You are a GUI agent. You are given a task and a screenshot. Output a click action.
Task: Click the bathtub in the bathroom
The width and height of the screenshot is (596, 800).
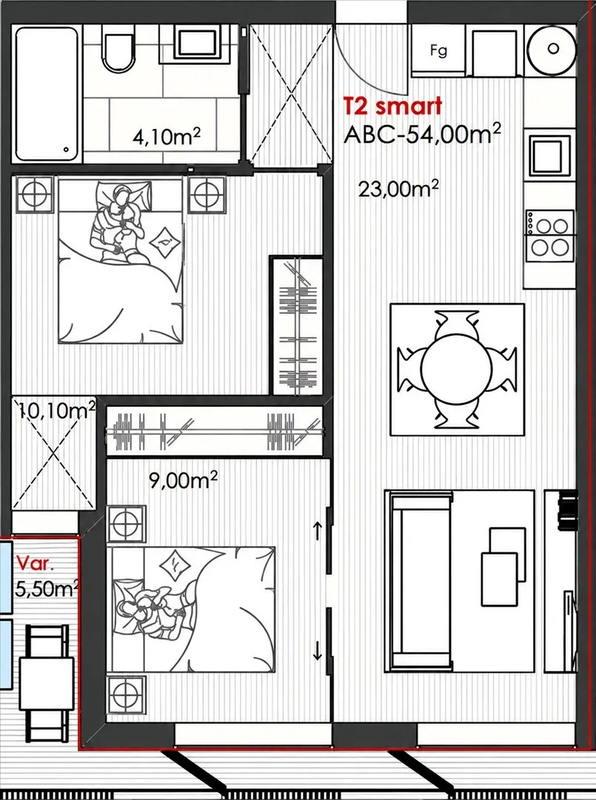(47, 94)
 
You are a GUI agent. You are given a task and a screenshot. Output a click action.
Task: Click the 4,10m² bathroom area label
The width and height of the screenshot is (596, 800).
(166, 137)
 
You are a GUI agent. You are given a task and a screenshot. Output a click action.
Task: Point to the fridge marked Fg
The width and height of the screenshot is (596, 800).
(438, 50)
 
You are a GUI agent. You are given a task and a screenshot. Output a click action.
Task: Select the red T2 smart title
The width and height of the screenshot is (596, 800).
(392, 106)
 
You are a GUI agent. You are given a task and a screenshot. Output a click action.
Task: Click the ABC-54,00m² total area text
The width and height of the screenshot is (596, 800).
(422, 133)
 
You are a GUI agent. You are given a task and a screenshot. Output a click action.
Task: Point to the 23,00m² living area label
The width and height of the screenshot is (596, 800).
(398, 188)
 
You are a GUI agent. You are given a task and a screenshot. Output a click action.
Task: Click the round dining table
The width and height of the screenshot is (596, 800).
(456, 369)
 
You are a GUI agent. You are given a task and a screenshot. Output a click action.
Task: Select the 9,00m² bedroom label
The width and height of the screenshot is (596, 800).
(183, 479)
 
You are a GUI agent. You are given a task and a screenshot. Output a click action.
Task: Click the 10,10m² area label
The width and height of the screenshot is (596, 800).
(56, 410)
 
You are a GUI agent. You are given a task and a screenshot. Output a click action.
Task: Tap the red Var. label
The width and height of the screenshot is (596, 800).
(35, 563)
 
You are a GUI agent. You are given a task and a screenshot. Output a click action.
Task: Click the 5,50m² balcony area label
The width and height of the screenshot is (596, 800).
(46, 589)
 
